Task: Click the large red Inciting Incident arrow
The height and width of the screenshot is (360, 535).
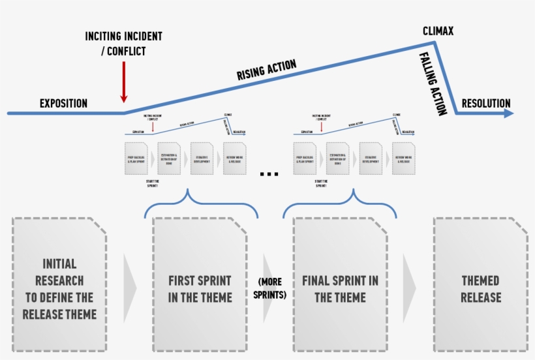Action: (x=123, y=82)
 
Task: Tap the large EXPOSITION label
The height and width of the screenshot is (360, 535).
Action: (x=63, y=103)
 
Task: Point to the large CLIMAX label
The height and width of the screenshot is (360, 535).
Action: (x=438, y=31)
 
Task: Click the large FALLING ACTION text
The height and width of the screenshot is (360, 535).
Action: (x=433, y=83)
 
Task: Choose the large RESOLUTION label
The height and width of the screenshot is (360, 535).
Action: (x=486, y=103)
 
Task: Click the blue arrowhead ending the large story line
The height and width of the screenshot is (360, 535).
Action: (x=508, y=113)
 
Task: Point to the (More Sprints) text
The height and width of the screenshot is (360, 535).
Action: (x=269, y=288)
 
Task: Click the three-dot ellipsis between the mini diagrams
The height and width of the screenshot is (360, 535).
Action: (x=269, y=174)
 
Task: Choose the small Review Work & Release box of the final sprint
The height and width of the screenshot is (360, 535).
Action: (x=404, y=158)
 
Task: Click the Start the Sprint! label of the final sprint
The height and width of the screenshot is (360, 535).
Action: (x=320, y=183)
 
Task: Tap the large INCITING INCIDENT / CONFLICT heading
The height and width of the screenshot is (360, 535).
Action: (x=123, y=43)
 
